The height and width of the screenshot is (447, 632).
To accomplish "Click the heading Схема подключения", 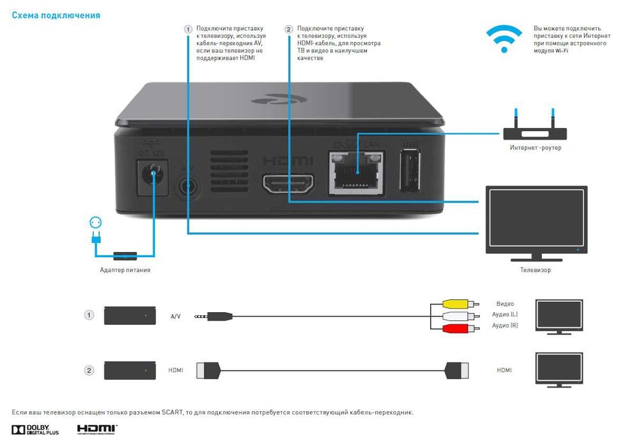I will click(56, 15).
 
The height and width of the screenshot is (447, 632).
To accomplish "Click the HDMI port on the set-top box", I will click(289, 183).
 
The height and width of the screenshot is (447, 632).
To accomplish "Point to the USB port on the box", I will click(410, 171).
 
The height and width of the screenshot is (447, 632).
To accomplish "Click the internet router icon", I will click(534, 130).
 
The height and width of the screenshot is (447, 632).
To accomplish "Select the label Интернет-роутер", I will click(535, 148).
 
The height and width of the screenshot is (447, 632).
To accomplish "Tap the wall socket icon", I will click(96, 223).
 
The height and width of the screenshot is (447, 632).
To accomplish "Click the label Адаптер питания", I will click(125, 270).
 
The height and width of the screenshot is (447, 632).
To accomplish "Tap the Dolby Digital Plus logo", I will click(35, 430).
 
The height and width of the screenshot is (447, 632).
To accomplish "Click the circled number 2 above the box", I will click(288, 29).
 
